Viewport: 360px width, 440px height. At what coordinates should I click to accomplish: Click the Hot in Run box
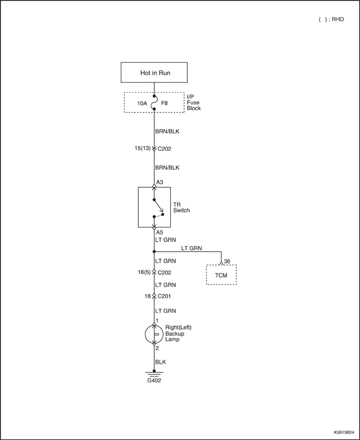pyautogui.click(x=154, y=73)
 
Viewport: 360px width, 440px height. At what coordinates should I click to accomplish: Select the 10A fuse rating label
pyautogui.click(x=142, y=103)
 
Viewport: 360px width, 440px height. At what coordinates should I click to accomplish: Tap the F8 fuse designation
pyautogui.click(x=164, y=103)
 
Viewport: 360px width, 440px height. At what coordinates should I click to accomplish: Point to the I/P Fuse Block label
pyautogui.click(x=194, y=102)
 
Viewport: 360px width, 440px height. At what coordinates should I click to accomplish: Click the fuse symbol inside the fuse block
pyautogui.click(x=154, y=102)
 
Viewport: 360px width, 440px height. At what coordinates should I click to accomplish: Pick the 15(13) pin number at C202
pyautogui.click(x=142, y=148)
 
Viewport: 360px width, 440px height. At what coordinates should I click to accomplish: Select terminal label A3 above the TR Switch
pyautogui.click(x=159, y=182)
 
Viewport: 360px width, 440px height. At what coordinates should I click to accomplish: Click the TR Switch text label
pyautogui.click(x=182, y=207)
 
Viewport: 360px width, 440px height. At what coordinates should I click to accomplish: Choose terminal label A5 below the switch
pyautogui.click(x=159, y=232)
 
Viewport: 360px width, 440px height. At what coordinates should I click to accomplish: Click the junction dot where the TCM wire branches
pyautogui.click(x=154, y=252)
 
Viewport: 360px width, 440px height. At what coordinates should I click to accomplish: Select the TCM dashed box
pyautogui.click(x=221, y=275)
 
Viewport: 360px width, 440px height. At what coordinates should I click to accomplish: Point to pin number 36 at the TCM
pyautogui.click(x=227, y=261)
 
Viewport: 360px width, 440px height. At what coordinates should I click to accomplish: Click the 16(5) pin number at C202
pyautogui.click(x=144, y=272)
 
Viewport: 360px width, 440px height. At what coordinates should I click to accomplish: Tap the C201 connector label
pyautogui.click(x=164, y=296)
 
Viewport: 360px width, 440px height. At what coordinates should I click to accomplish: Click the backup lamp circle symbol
pyautogui.click(x=154, y=334)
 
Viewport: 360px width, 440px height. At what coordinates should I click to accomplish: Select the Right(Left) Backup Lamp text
pyautogui.click(x=178, y=333)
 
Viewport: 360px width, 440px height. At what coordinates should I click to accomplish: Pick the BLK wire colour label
pyautogui.click(x=160, y=362)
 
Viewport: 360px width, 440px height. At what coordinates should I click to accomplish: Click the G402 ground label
pyautogui.click(x=154, y=381)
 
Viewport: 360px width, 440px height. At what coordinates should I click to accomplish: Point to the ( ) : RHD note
pyautogui.click(x=331, y=20)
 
